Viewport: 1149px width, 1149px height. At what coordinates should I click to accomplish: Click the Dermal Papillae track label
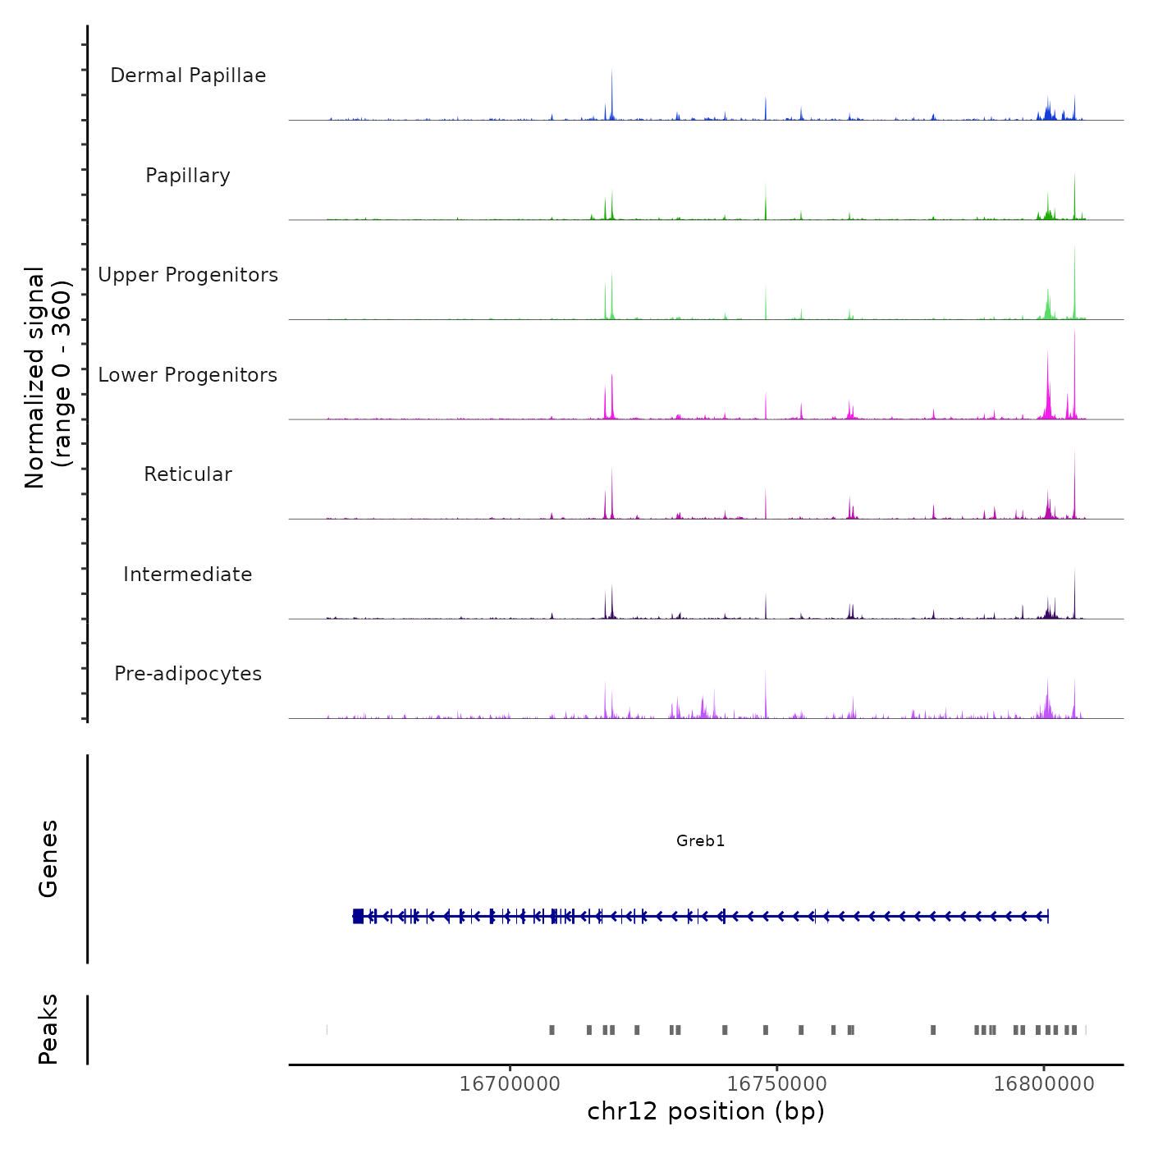[188, 76]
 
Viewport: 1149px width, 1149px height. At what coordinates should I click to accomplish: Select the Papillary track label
[188, 176]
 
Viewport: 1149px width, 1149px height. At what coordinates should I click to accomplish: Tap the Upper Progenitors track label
[188, 275]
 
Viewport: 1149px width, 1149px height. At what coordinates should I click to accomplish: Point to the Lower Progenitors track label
[188, 375]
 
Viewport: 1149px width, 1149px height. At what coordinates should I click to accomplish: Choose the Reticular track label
[188, 474]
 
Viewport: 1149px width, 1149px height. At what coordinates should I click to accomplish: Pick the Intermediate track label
[188, 574]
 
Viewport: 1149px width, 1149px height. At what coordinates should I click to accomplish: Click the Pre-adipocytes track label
[188, 674]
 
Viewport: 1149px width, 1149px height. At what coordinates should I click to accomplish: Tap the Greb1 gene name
[700, 840]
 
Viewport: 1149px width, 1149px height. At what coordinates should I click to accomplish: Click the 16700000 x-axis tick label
[510, 1084]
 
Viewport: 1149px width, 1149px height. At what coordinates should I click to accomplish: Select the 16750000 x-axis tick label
[777, 1084]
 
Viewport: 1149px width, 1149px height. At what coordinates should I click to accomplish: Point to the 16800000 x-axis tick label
[1044, 1084]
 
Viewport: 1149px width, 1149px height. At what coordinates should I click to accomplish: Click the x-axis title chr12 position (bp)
[706, 1111]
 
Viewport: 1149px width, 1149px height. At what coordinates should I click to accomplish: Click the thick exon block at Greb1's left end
[358, 916]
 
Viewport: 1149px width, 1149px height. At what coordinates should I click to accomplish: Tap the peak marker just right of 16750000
[801, 1030]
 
